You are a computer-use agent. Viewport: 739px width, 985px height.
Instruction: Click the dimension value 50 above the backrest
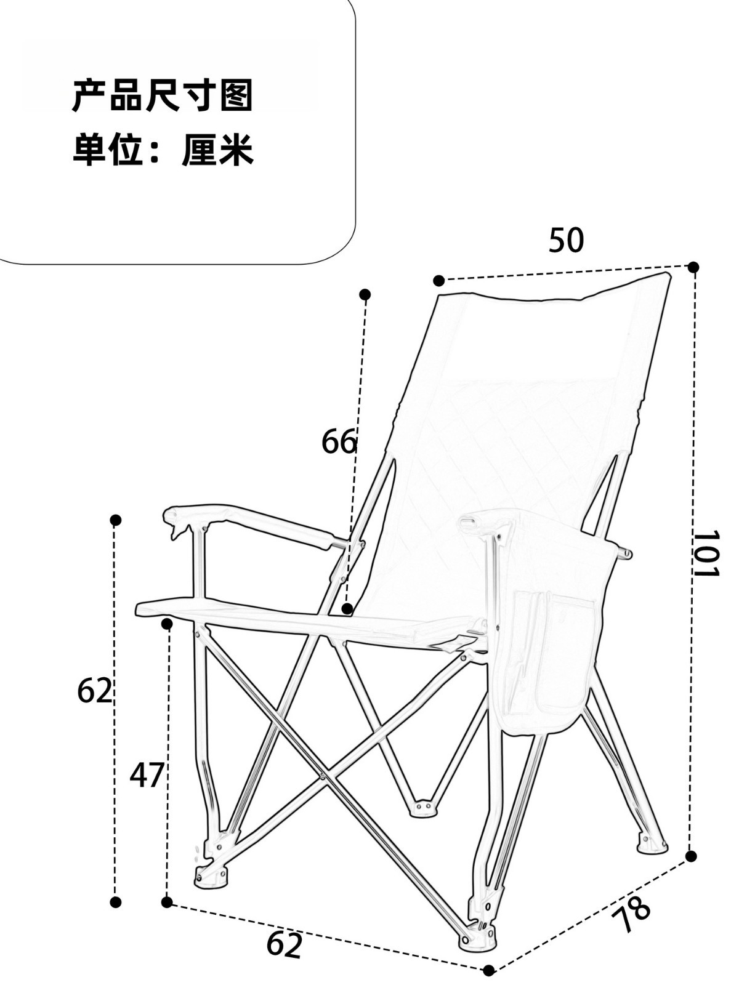click(565, 240)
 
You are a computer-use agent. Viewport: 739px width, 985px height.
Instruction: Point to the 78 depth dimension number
click(631, 917)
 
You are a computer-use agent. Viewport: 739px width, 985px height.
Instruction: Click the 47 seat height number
click(147, 775)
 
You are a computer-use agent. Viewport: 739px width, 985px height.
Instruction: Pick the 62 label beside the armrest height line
click(95, 691)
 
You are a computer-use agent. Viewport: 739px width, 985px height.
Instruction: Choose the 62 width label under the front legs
click(285, 945)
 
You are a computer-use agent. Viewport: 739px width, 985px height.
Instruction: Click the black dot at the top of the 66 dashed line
click(365, 294)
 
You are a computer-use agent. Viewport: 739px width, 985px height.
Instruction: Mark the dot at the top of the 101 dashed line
click(693, 267)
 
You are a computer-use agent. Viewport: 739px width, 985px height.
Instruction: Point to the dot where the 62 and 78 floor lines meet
click(488, 971)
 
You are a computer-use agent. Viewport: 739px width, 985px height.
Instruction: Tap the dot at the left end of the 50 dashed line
click(438, 281)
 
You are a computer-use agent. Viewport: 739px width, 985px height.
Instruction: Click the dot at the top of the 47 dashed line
click(166, 624)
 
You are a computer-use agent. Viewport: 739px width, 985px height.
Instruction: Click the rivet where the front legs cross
click(322, 776)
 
